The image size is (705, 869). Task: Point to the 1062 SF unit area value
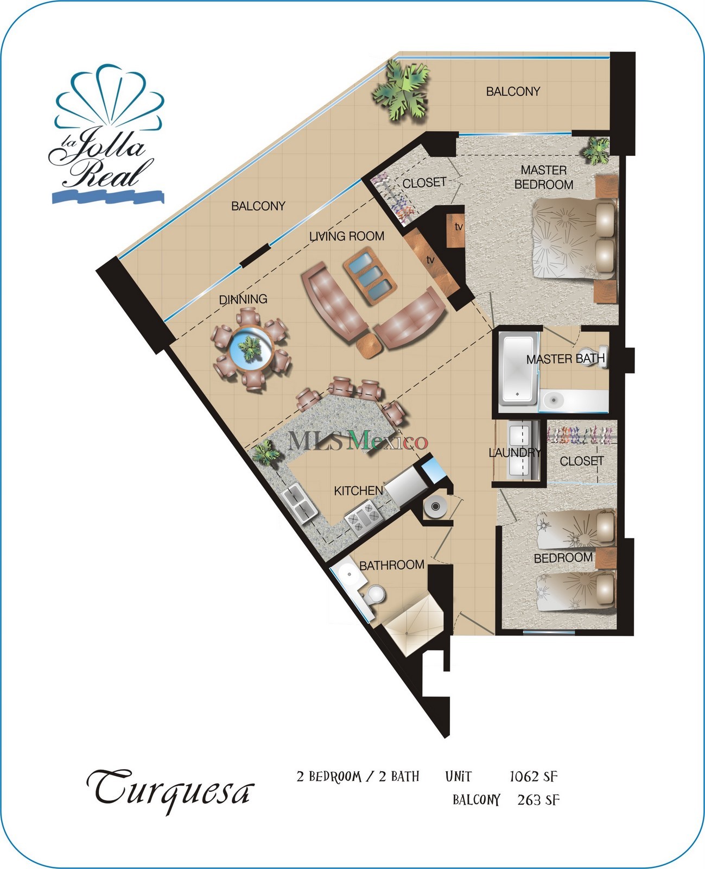[x=533, y=777]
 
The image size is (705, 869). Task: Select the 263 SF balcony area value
[x=538, y=800]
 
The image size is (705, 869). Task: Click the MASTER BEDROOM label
[x=543, y=178]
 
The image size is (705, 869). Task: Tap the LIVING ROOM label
[x=347, y=236]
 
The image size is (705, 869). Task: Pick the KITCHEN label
[x=358, y=491]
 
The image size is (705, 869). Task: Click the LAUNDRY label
[x=514, y=452]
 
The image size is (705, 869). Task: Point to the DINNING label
[x=243, y=299]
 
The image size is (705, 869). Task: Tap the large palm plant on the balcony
[x=401, y=91]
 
